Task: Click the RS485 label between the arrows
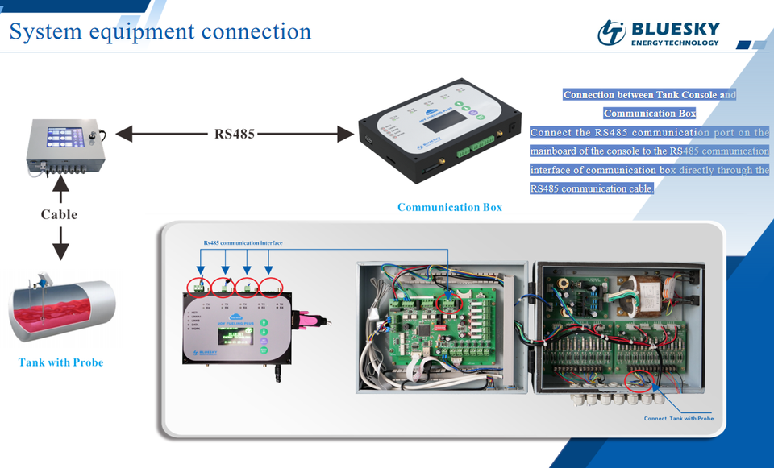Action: [235, 134]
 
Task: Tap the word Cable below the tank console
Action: [60, 214]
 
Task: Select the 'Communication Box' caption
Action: [449, 207]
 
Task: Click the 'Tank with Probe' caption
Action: [60, 362]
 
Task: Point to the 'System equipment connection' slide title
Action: [160, 31]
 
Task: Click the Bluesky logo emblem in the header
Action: [611, 32]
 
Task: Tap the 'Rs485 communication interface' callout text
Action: [243, 242]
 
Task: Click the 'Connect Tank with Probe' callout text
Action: [678, 419]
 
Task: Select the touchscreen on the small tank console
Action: [63, 136]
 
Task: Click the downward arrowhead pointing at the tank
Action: [60, 251]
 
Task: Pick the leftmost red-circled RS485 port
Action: [197, 286]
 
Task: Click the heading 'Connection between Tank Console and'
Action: [649, 95]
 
